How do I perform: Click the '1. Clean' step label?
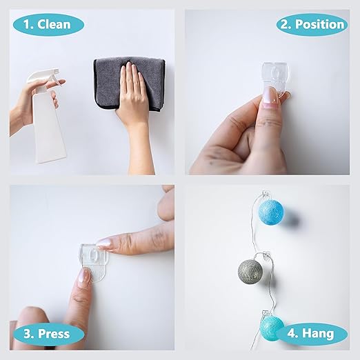[48, 24]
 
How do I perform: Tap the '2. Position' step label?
[311, 24]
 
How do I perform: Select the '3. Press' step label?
[48, 334]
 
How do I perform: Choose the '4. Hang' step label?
[311, 334]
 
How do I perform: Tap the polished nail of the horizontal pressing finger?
[105, 243]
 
